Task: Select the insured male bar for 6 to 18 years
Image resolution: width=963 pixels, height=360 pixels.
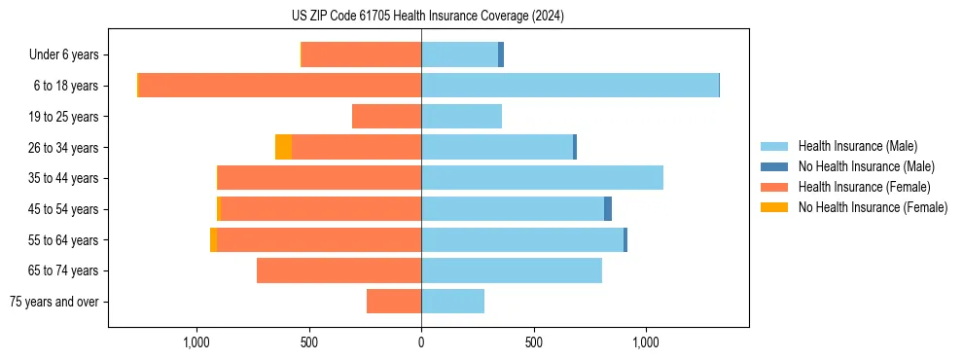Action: coord(569,86)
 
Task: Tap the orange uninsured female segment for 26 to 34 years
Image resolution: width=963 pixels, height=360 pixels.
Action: coord(283,147)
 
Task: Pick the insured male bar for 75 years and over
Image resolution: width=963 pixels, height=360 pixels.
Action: coord(452,302)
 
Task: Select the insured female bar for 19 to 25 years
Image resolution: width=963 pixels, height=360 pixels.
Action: coord(386,117)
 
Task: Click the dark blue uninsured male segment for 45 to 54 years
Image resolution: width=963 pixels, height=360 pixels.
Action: coord(608,209)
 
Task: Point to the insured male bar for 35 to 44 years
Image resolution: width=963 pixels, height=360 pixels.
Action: coord(542,178)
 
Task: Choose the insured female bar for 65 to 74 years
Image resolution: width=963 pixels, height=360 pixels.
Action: coord(339,270)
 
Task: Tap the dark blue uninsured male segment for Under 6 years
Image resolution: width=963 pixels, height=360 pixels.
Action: coord(501,54)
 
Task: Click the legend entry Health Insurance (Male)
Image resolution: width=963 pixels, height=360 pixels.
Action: coord(857,146)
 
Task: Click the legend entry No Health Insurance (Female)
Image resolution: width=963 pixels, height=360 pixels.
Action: coord(872,207)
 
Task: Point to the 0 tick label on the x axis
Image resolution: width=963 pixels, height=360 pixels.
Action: coord(421,342)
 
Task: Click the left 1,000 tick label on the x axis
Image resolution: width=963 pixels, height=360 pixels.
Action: coord(196,342)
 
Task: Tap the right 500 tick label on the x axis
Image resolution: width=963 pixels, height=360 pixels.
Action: coord(533,342)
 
